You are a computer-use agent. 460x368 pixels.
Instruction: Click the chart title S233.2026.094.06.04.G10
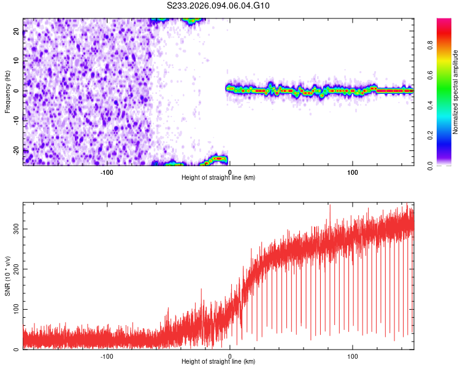[219, 6]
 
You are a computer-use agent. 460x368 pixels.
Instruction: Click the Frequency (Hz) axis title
[7, 91]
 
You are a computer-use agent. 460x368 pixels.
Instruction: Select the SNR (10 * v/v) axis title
[7, 276]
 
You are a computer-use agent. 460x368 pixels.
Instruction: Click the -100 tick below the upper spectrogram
[107, 172]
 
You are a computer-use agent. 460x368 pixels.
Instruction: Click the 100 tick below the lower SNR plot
[353, 356]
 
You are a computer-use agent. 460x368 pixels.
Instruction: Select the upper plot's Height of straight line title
[218, 177]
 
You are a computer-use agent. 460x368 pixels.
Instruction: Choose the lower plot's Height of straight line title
[218, 361]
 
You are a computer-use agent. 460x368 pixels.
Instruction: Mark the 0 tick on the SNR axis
[17, 349]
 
